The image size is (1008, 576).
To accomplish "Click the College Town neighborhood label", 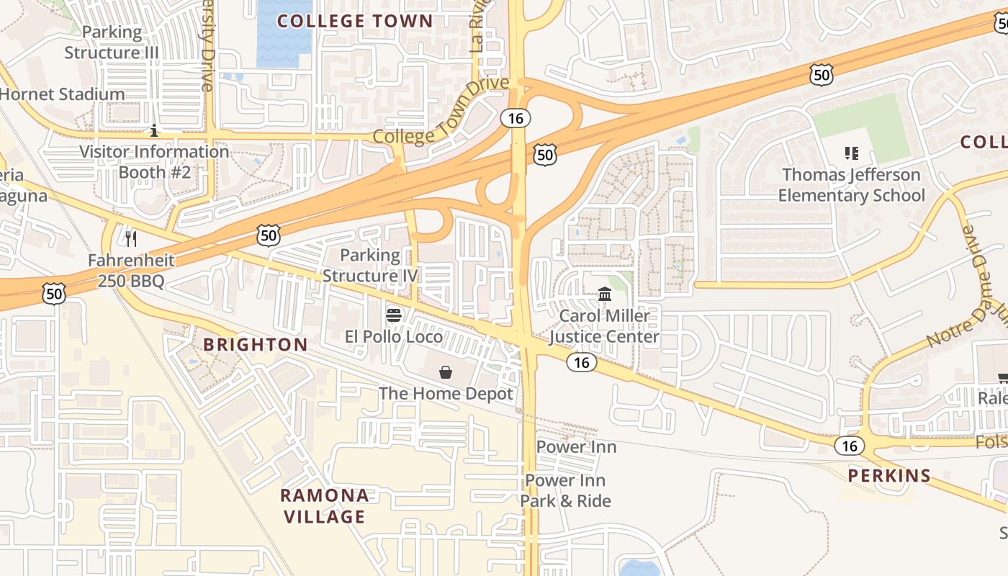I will coord(355,21).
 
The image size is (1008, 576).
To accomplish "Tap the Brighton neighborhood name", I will coord(255,345).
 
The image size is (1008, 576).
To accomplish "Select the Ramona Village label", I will coord(324,506).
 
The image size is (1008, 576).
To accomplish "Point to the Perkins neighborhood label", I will coord(889,476).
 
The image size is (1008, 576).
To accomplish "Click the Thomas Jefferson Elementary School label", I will coord(851,185).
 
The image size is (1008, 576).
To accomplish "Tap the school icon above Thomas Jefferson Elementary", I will coord(852,153).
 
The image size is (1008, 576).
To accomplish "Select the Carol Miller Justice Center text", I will coord(604,326).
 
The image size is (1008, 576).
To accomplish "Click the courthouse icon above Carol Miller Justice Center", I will coord(605,294).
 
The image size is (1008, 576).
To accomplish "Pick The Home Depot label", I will coord(446,394).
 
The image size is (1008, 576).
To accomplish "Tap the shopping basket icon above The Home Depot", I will coord(446,372).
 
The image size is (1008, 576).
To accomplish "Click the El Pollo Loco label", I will coord(393,336).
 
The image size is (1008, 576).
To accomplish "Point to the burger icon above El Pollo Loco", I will coord(393,315).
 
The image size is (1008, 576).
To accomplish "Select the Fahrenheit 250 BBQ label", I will coord(131,271).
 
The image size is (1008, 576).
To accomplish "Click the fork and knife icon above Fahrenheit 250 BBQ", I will coord(131,238).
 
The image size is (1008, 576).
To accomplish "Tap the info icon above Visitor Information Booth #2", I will coord(154,130).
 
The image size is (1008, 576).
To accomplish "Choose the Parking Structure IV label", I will coord(370,265).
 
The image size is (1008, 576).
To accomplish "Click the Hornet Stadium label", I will coord(62,94).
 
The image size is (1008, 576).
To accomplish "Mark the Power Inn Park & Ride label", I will coord(566,490).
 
